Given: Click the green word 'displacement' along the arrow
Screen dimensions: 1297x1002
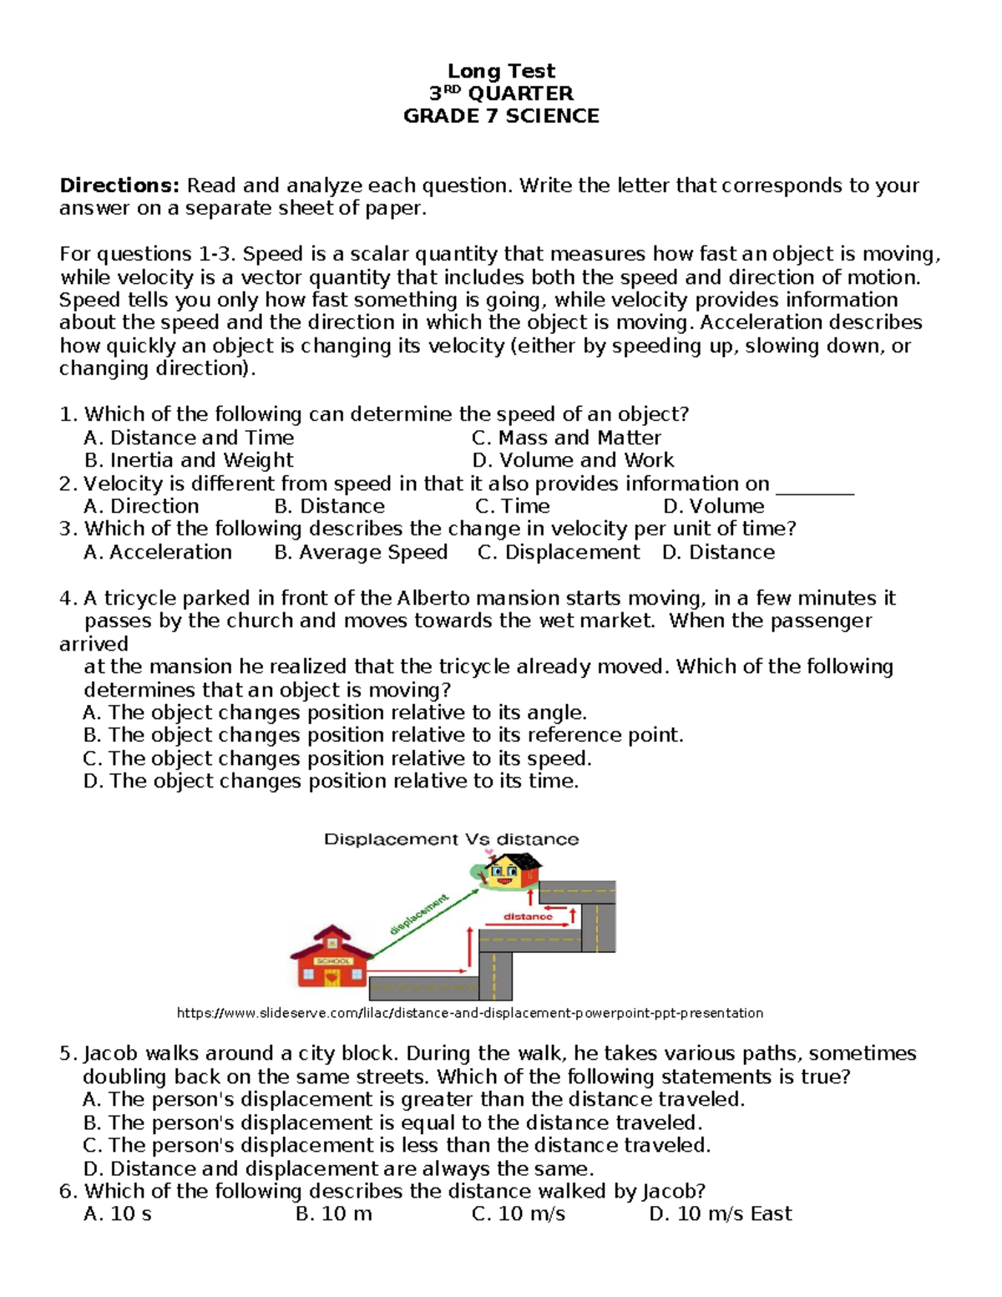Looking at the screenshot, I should point(419,914).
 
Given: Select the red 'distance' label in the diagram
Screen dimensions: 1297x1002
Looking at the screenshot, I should point(528,916).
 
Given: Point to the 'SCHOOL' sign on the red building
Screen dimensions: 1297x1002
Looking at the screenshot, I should point(333,960).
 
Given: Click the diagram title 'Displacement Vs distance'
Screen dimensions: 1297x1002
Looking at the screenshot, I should point(451,839).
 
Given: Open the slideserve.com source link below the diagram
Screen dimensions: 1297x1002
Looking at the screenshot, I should point(470,1013).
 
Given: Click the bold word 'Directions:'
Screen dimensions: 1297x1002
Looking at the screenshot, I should point(119,185).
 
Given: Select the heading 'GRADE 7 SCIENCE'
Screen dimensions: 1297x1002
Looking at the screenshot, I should point(501,116).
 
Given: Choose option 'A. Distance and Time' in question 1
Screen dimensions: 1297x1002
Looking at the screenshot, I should point(189,438).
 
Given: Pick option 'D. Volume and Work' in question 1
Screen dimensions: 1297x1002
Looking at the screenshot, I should point(573,460).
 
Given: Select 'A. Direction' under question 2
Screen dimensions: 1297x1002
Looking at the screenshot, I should point(141,506).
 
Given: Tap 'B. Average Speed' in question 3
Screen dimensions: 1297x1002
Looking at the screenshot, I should point(361,552).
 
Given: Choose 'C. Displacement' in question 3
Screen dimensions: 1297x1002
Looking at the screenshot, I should point(559,552).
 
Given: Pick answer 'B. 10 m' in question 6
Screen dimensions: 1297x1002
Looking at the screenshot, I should point(333,1213).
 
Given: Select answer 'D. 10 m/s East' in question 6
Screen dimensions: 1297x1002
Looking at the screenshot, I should point(720,1213).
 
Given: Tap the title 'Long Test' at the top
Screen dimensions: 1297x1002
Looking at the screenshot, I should point(501,71).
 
